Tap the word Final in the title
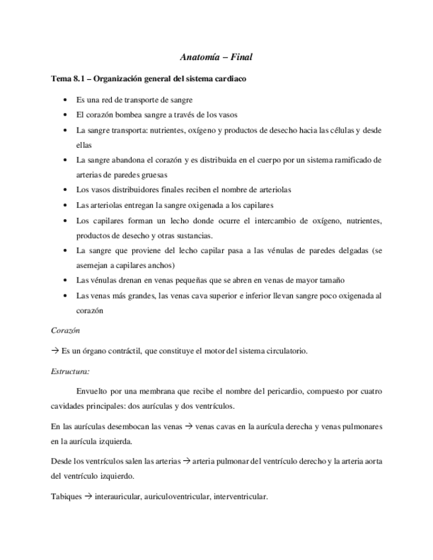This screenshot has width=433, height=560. click(241, 58)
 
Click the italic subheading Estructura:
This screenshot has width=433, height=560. click(70, 372)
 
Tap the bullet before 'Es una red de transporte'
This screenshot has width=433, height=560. click(63, 100)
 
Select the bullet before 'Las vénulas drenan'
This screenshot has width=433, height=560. click(63, 280)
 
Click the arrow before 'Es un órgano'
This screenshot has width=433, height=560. click(55, 351)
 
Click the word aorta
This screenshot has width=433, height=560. click(372, 461)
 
